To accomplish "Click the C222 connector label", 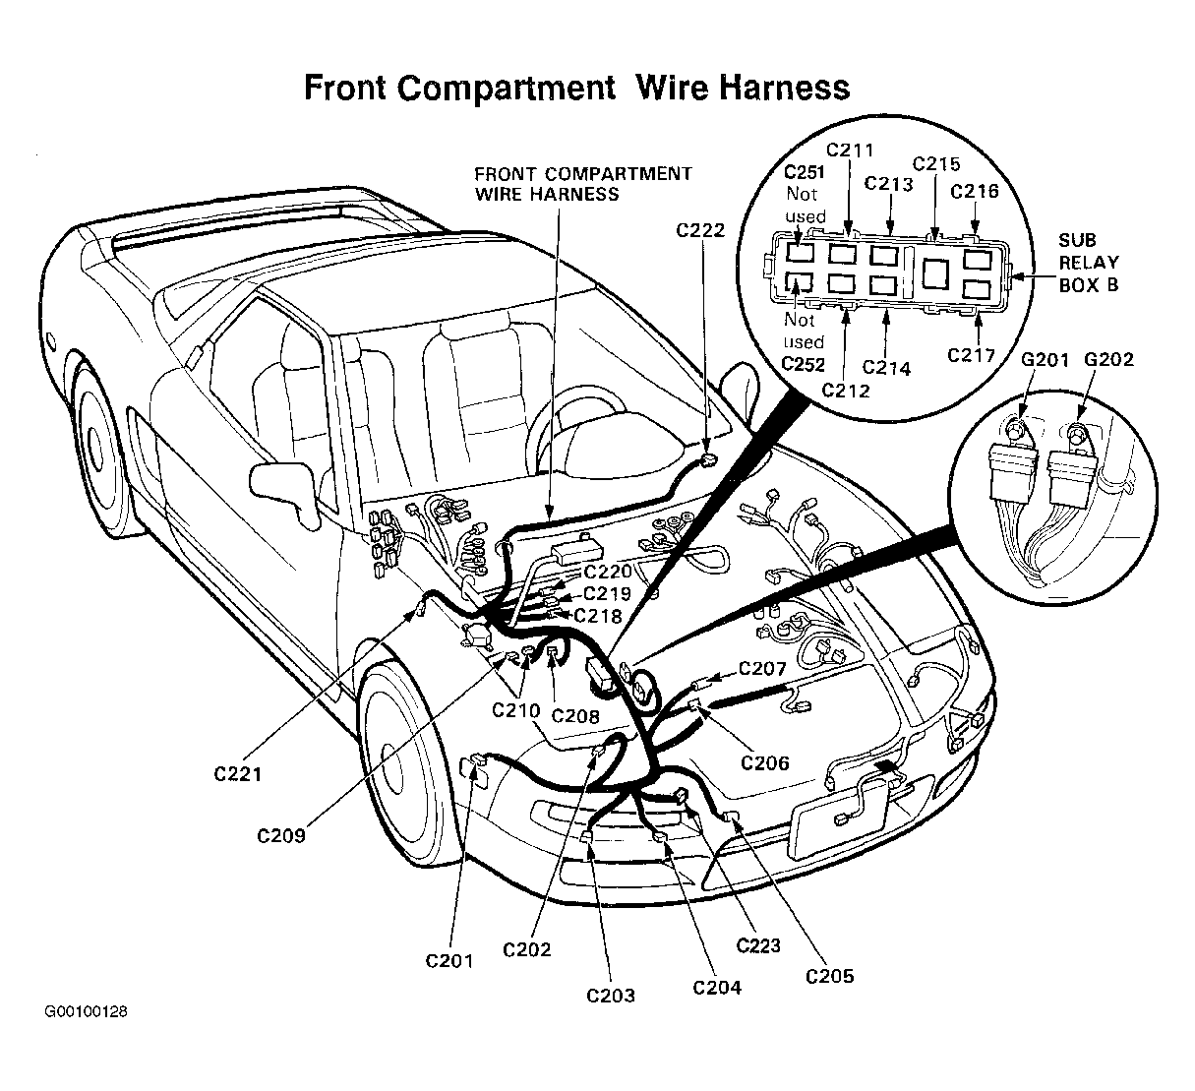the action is point(700,230).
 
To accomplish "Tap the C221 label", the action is point(238,774).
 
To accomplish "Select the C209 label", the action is point(281,835).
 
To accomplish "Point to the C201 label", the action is point(449,960).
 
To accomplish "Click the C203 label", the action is point(611,996).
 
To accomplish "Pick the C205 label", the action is point(830,976).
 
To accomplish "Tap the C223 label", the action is point(758,945).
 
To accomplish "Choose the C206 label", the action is point(765,762).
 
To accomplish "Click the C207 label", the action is point(762,669).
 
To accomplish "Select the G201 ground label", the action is point(1045,360).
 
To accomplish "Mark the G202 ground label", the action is point(1109,359).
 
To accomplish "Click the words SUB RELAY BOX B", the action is point(1089,263).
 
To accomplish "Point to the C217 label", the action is point(972,355).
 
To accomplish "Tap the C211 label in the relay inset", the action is point(850,151).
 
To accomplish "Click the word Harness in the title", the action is point(784,88).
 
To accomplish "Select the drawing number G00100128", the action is point(86,1011).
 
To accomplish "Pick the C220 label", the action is point(608,572).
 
